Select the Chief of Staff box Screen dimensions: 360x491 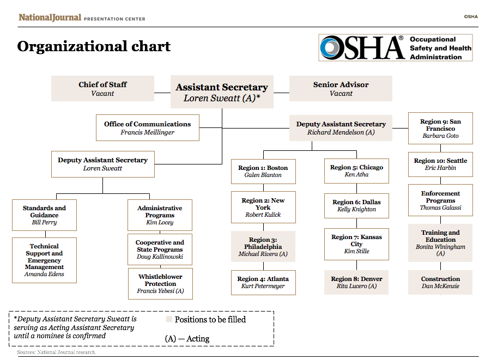pos(102,89)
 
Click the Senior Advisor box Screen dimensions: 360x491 pos(341,89)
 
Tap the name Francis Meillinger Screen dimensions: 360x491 pos(148,132)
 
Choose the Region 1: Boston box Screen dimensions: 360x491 pos(263,171)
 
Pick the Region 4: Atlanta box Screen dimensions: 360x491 pos(263,282)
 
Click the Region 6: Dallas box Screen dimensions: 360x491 pos(356,205)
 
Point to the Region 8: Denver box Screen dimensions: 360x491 pos(356,282)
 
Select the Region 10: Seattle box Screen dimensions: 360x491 pos(440,164)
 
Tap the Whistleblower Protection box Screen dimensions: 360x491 pos(160,284)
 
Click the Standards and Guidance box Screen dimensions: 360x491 pos(44,215)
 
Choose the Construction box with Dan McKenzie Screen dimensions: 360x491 pos(440,282)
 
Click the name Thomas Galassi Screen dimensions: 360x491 pos(440,208)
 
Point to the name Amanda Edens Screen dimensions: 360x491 pos(44,274)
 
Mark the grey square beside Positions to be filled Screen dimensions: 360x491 pos(169,320)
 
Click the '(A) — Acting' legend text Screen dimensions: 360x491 pos(187,339)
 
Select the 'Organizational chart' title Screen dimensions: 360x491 pos(94,47)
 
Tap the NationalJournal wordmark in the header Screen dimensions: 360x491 pos(50,17)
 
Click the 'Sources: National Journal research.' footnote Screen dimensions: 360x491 pos(56,352)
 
